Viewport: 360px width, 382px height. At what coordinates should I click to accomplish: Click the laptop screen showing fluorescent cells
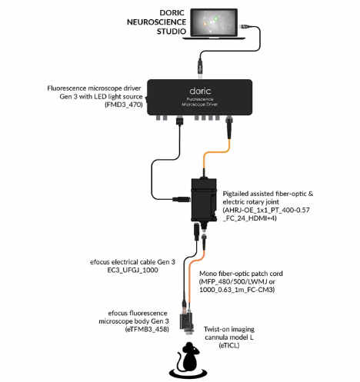(214, 22)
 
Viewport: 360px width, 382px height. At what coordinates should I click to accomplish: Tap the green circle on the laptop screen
(215, 18)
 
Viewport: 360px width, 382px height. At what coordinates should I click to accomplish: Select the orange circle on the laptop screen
(205, 24)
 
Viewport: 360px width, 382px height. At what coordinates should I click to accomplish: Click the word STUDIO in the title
(172, 32)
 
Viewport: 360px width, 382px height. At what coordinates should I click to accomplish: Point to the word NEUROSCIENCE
(156, 22)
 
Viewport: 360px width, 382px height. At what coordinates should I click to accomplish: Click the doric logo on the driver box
(200, 91)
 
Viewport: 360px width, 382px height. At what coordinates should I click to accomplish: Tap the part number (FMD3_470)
(124, 105)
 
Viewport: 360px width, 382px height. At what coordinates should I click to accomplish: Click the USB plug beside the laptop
(244, 26)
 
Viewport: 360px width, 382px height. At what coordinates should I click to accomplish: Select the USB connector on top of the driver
(200, 68)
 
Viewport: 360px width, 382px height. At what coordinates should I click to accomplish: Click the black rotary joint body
(204, 199)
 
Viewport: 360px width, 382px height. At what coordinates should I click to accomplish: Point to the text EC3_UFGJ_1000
(132, 270)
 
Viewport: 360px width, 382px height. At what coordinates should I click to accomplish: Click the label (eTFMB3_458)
(147, 329)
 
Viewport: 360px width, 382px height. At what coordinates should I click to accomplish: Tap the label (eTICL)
(229, 345)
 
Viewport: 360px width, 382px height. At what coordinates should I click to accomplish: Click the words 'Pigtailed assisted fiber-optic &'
(268, 194)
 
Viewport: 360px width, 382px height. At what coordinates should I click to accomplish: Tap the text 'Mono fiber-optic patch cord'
(241, 274)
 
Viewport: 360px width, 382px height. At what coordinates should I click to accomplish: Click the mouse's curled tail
(180, 360)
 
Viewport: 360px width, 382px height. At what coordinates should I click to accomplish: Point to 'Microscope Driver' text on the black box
(200, 105)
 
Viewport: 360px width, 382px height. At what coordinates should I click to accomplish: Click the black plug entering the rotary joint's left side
(182, 199)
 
